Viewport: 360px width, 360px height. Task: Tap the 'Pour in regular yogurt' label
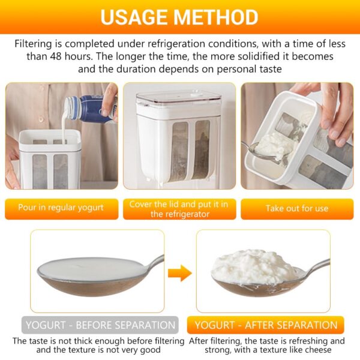(x=61, y=208)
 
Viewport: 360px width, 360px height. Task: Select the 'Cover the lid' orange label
(x=179, y=209)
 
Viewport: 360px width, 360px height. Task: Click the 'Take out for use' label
(x=297, y=209)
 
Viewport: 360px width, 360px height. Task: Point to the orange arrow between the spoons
(x=179, y=274)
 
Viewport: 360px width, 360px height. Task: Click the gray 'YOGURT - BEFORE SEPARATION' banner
(x=100, y=325)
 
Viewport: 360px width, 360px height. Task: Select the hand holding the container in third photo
(x=336, y=111)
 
